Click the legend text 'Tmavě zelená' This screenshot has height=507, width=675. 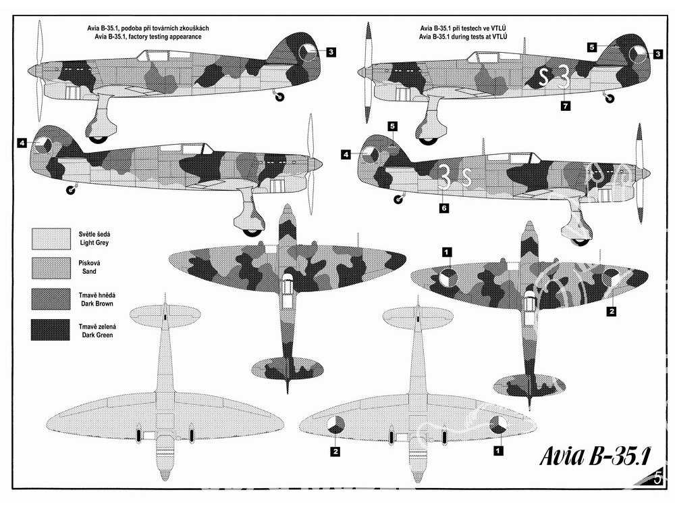click(93, 326)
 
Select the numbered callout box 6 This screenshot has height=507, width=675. click(443, 209)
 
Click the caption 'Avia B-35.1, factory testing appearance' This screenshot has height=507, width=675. click(152, 36)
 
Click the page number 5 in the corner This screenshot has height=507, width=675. click(659, 479)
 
